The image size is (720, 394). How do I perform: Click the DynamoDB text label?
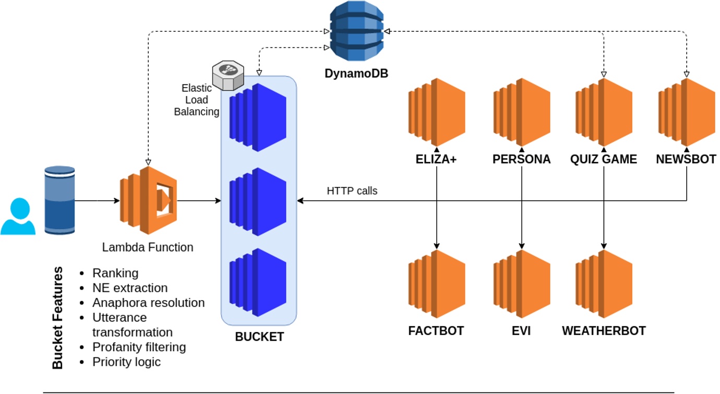point(356,74)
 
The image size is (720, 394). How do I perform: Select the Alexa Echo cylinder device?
point(59,199)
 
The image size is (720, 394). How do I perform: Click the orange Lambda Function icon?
point(149,199)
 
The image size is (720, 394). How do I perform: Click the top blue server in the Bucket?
point(258,117)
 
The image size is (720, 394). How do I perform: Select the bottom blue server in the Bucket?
point(258,282)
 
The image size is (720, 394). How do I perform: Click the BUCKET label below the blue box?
point(259,337)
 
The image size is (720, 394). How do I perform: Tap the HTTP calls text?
point(352,191)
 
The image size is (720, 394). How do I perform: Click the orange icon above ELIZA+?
point(437,112)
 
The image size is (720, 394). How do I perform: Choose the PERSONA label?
point(521,160)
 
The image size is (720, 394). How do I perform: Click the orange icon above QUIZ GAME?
point(604,112)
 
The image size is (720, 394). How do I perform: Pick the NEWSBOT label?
point(686,160)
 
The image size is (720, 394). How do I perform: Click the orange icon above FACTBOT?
point(437,284)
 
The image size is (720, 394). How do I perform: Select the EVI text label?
point(521,331)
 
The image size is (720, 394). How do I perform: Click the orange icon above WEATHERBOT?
point(604,284)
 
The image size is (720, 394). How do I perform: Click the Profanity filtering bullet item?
point(139,347)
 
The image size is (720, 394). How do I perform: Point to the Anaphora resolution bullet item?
point(148,303)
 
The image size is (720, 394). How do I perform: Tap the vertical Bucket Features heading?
point(58,318)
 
